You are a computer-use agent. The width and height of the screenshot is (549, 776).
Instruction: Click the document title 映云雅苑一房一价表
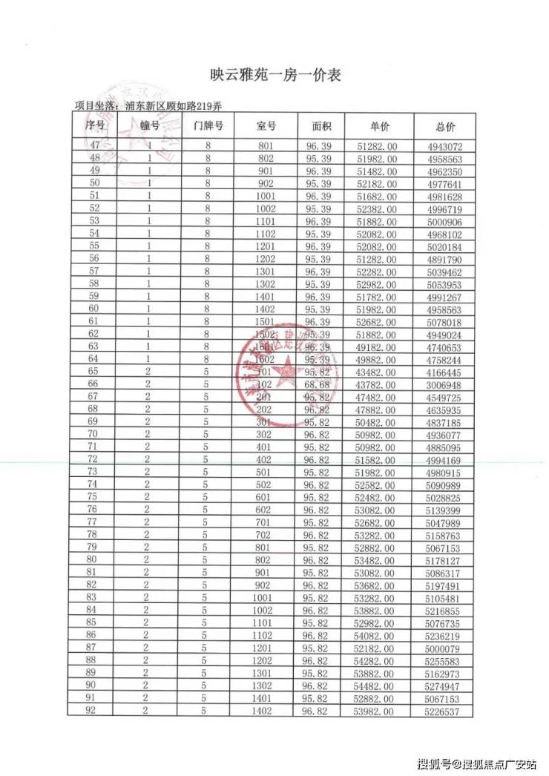click(274, 76)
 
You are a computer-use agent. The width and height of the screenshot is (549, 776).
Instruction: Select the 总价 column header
click(445, 127)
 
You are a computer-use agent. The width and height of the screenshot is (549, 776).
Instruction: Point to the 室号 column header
click(266, 127)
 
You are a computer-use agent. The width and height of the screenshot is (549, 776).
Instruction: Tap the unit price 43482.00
click(377, 372)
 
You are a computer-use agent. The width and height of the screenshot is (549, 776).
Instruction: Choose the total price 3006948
click(445, 385)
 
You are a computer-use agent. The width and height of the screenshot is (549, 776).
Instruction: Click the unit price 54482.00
click(377, 685)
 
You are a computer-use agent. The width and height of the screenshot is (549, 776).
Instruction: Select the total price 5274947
click(445, 685)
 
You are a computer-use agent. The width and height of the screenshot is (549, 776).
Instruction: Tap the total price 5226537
click(445, 711)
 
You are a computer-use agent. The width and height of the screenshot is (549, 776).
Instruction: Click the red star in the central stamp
click(285, 374)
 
